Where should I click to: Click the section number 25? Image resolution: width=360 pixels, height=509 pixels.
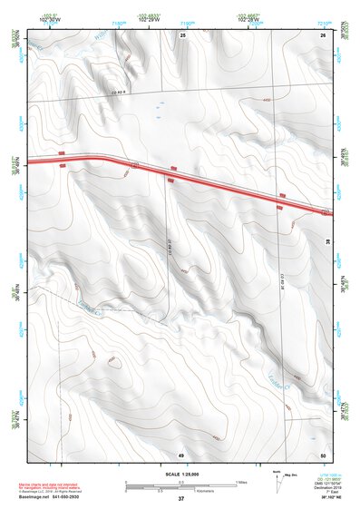[x=182, y=34]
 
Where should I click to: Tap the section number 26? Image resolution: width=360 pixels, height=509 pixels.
[x=323, y=34]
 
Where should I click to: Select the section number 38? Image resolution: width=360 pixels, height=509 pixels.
[x=326, y=241]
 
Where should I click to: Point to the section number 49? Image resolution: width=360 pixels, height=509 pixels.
[x=181, y=454]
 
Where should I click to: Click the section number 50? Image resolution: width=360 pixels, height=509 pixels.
[x=323, y=454]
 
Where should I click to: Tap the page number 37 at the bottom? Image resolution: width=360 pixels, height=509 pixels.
[x=181, y=499]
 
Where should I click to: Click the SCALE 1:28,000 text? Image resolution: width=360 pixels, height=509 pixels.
[x=180, y=473]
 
